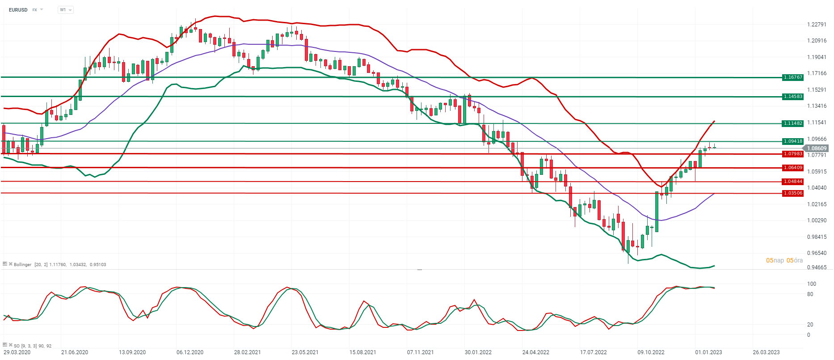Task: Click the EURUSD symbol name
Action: click(18, 10)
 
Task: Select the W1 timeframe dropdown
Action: click(65, 10)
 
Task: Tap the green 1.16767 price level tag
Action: click(793, 77)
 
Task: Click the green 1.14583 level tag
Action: click(793, 97)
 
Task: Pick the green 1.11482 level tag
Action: click(793, 123)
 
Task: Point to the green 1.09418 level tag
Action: click(793, 141)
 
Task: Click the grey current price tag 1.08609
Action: click(816, 148)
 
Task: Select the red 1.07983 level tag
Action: click(793, 154)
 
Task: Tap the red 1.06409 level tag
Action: click(793, 168)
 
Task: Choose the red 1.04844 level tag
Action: click(793, 182)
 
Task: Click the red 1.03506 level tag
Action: click(793, 193)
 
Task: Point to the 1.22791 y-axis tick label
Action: click(817, 25)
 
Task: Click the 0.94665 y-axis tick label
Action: click(817, 267)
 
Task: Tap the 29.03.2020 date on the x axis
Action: click(17, 352)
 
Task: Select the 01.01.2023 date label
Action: click(708, 352)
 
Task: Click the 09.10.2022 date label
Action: click(651, 352)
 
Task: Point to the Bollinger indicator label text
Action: click(23, 265)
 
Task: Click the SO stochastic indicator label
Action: click(17, 346)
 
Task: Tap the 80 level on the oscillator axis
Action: click(810, 294)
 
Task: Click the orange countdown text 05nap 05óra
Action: click(784, 260)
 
